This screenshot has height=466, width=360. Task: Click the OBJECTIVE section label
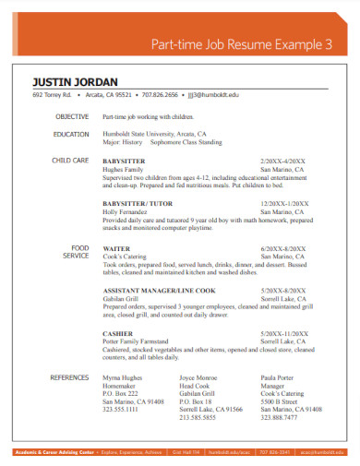(71, 117)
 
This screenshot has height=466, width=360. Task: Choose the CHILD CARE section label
(70, 161)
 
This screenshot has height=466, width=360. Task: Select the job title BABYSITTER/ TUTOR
(139, 203)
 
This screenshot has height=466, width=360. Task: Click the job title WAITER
(115, 249)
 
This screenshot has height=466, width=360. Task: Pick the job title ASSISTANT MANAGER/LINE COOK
(154, 291)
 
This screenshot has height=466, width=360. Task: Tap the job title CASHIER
(117, 332)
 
